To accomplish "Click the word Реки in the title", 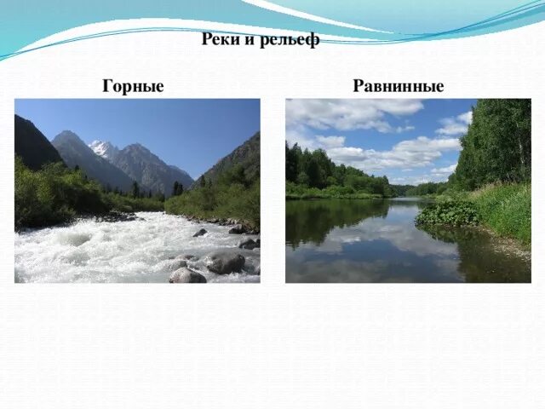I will [x=219, y=40].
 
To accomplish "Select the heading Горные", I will [x=133, y=86].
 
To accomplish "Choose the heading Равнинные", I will [x=399, y=86].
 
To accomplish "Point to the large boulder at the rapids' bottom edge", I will [x=186, y=275].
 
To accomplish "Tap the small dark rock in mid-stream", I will [x=200, y=233].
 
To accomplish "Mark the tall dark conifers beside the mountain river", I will [x=177, y=188].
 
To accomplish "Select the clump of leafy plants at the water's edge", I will [x=447, y=213].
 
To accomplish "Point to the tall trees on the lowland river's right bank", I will [x=494, y=141].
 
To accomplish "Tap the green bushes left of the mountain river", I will [x=51, y=196].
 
